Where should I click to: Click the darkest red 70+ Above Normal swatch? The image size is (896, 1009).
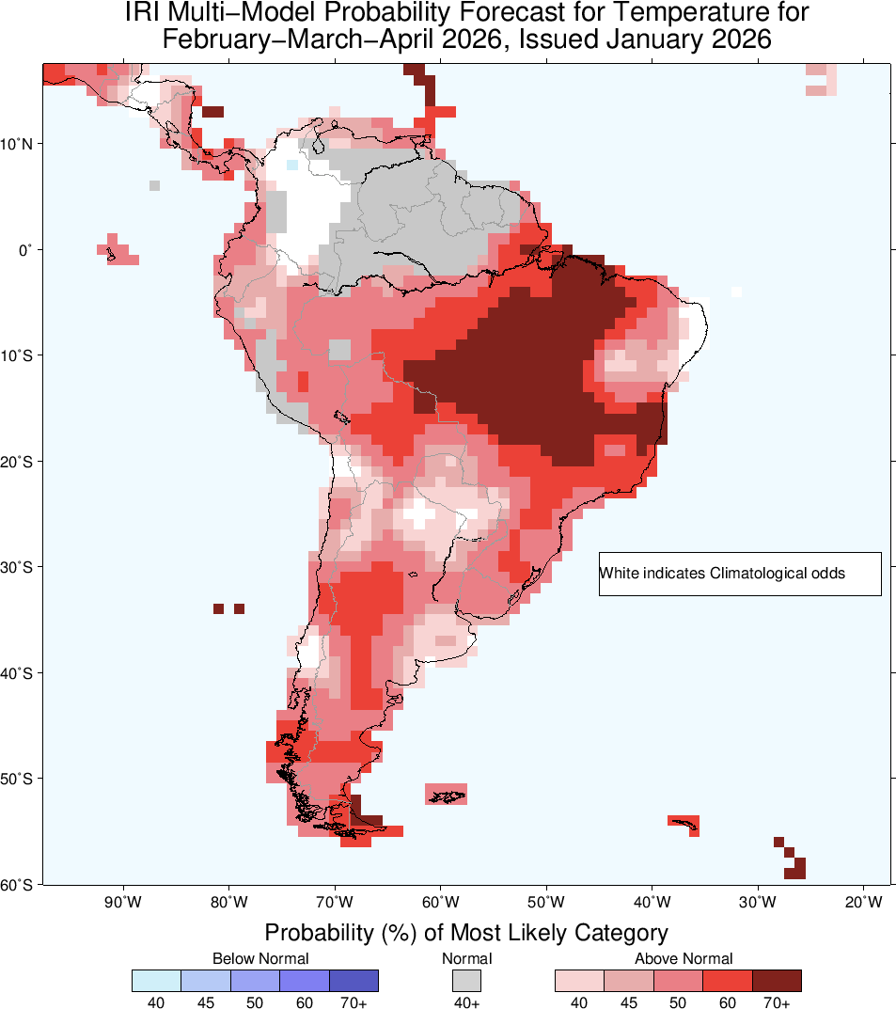click(777, 981)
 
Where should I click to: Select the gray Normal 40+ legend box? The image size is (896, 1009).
click(467, 981)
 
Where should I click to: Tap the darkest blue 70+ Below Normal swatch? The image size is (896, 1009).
click(354, 981)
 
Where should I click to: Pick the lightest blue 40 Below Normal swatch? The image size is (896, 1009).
click(156, 981)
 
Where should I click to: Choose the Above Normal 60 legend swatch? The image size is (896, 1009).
click(728, 981)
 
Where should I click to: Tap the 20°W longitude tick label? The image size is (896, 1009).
click(863, 904)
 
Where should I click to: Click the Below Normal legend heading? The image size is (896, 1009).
click(260, 958)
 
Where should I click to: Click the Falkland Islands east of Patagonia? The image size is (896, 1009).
click(447, 796)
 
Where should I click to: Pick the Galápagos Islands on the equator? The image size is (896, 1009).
click(117, 252)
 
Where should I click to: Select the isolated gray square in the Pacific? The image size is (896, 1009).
click(154, 186)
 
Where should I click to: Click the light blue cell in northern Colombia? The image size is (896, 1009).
click(292, 165)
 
